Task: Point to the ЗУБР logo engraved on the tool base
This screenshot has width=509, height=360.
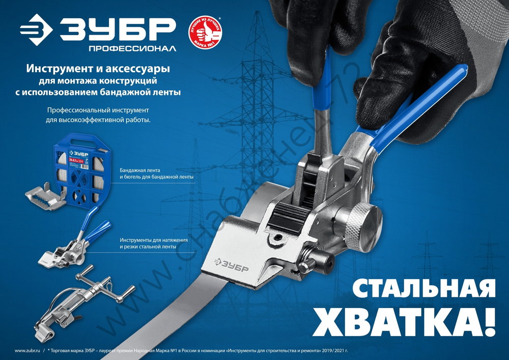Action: [x=231, y=263]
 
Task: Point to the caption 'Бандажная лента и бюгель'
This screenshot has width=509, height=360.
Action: [x=159, y=173]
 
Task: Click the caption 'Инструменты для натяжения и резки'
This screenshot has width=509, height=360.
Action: [x=154, y=243]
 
